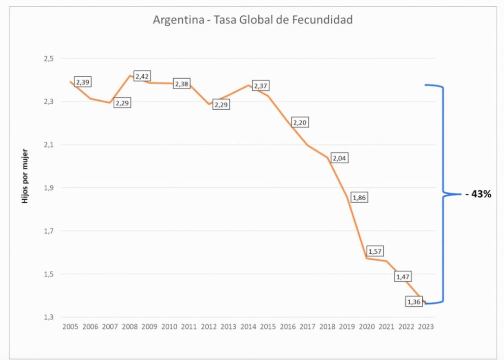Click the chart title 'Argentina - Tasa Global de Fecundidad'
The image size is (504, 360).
252,20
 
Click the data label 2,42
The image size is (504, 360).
142,76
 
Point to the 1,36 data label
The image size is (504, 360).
414,302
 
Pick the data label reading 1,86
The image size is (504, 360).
359,197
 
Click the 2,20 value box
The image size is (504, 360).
300,122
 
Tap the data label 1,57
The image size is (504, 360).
375,251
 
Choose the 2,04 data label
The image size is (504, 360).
340,158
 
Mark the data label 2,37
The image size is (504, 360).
261,86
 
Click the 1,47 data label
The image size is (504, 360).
403,276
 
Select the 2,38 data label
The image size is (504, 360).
182,84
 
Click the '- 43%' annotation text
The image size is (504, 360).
478,194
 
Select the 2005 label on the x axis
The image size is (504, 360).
70,327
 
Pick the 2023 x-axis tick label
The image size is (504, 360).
426,327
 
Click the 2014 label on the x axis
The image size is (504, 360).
248,327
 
